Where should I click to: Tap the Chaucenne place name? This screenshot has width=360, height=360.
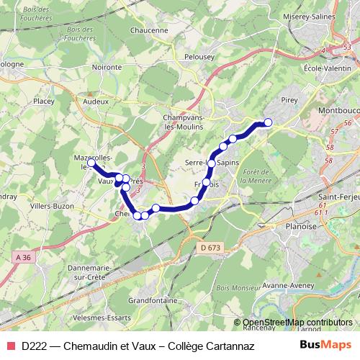150,31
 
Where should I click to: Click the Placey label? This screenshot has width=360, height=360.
43,102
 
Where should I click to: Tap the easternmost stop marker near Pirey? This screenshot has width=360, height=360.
269,122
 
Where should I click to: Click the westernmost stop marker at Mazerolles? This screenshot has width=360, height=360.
91,163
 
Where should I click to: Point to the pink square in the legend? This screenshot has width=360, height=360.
9,346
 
